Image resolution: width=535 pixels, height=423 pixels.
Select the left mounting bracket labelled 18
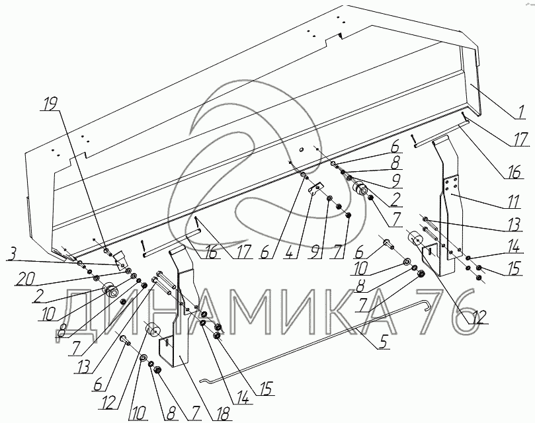click(175, 311)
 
